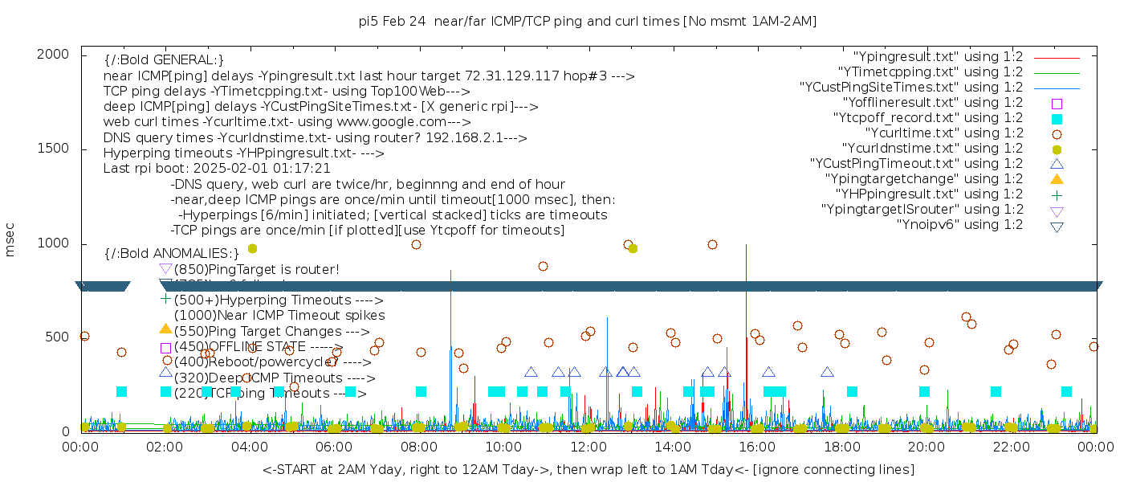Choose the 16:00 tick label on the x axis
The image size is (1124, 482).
[x=756, y=447]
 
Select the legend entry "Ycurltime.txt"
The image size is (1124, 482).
[x=943, y=133]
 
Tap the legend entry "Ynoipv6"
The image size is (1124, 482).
[x=959, y=224]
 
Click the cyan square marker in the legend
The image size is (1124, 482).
[x=1057, y=118]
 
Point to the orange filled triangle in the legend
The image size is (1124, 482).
[x=1057, y=178]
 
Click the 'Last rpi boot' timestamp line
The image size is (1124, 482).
[x=217, y=169]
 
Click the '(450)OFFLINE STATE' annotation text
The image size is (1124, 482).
[x=258, y=346]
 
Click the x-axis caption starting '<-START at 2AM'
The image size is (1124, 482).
[x=588, y=469]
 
